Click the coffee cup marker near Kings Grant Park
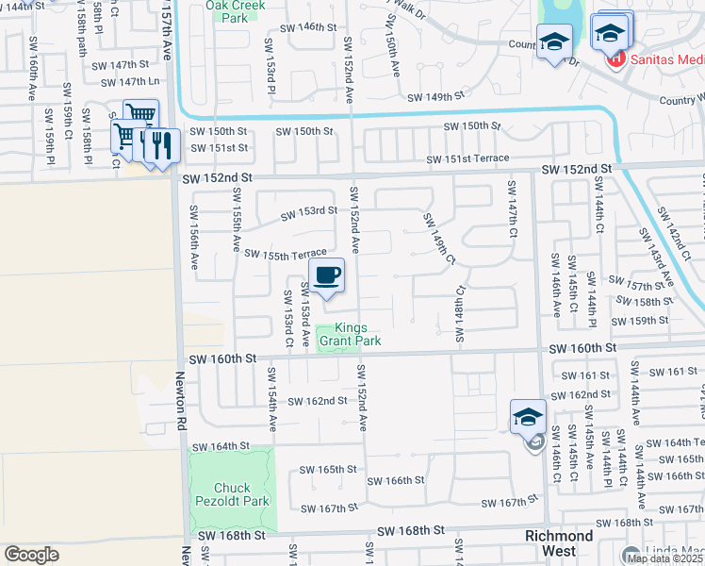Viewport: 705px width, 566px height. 327,275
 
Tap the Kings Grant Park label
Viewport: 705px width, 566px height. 350,334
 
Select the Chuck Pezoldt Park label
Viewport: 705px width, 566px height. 233,494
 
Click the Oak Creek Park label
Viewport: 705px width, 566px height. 236,10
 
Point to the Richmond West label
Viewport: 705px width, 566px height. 559,542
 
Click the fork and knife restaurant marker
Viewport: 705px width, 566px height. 162,144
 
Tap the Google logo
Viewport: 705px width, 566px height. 31,555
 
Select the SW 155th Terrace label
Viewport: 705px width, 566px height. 285,253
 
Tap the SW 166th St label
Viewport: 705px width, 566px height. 396,480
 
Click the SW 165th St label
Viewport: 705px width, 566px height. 328,469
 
